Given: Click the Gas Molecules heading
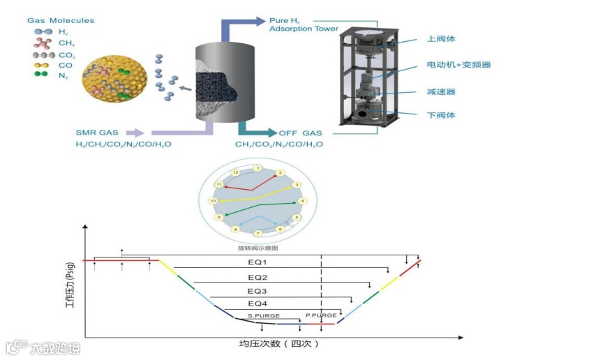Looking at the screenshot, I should [x=61, y=20].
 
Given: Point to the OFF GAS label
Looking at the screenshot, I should [x=300, y=133].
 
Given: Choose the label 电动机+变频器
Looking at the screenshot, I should [x=459, y=65].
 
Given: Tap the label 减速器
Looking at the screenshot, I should [x=440, y=91].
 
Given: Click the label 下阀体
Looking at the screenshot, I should [x=440, y=115].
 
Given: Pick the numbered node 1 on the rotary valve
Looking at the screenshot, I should [x=258, y=168].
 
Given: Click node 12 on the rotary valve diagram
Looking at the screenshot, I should [x=236, y=172].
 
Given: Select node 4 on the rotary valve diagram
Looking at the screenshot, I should [x=302, y=201].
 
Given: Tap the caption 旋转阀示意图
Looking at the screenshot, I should [x=258, y=247].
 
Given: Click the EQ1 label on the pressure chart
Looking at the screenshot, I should [x=258, y=262].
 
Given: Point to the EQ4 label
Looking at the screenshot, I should [x=258, y=303].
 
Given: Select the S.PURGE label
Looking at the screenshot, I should [x=264, y=316].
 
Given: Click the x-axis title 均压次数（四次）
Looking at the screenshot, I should [x=279, y=344].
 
